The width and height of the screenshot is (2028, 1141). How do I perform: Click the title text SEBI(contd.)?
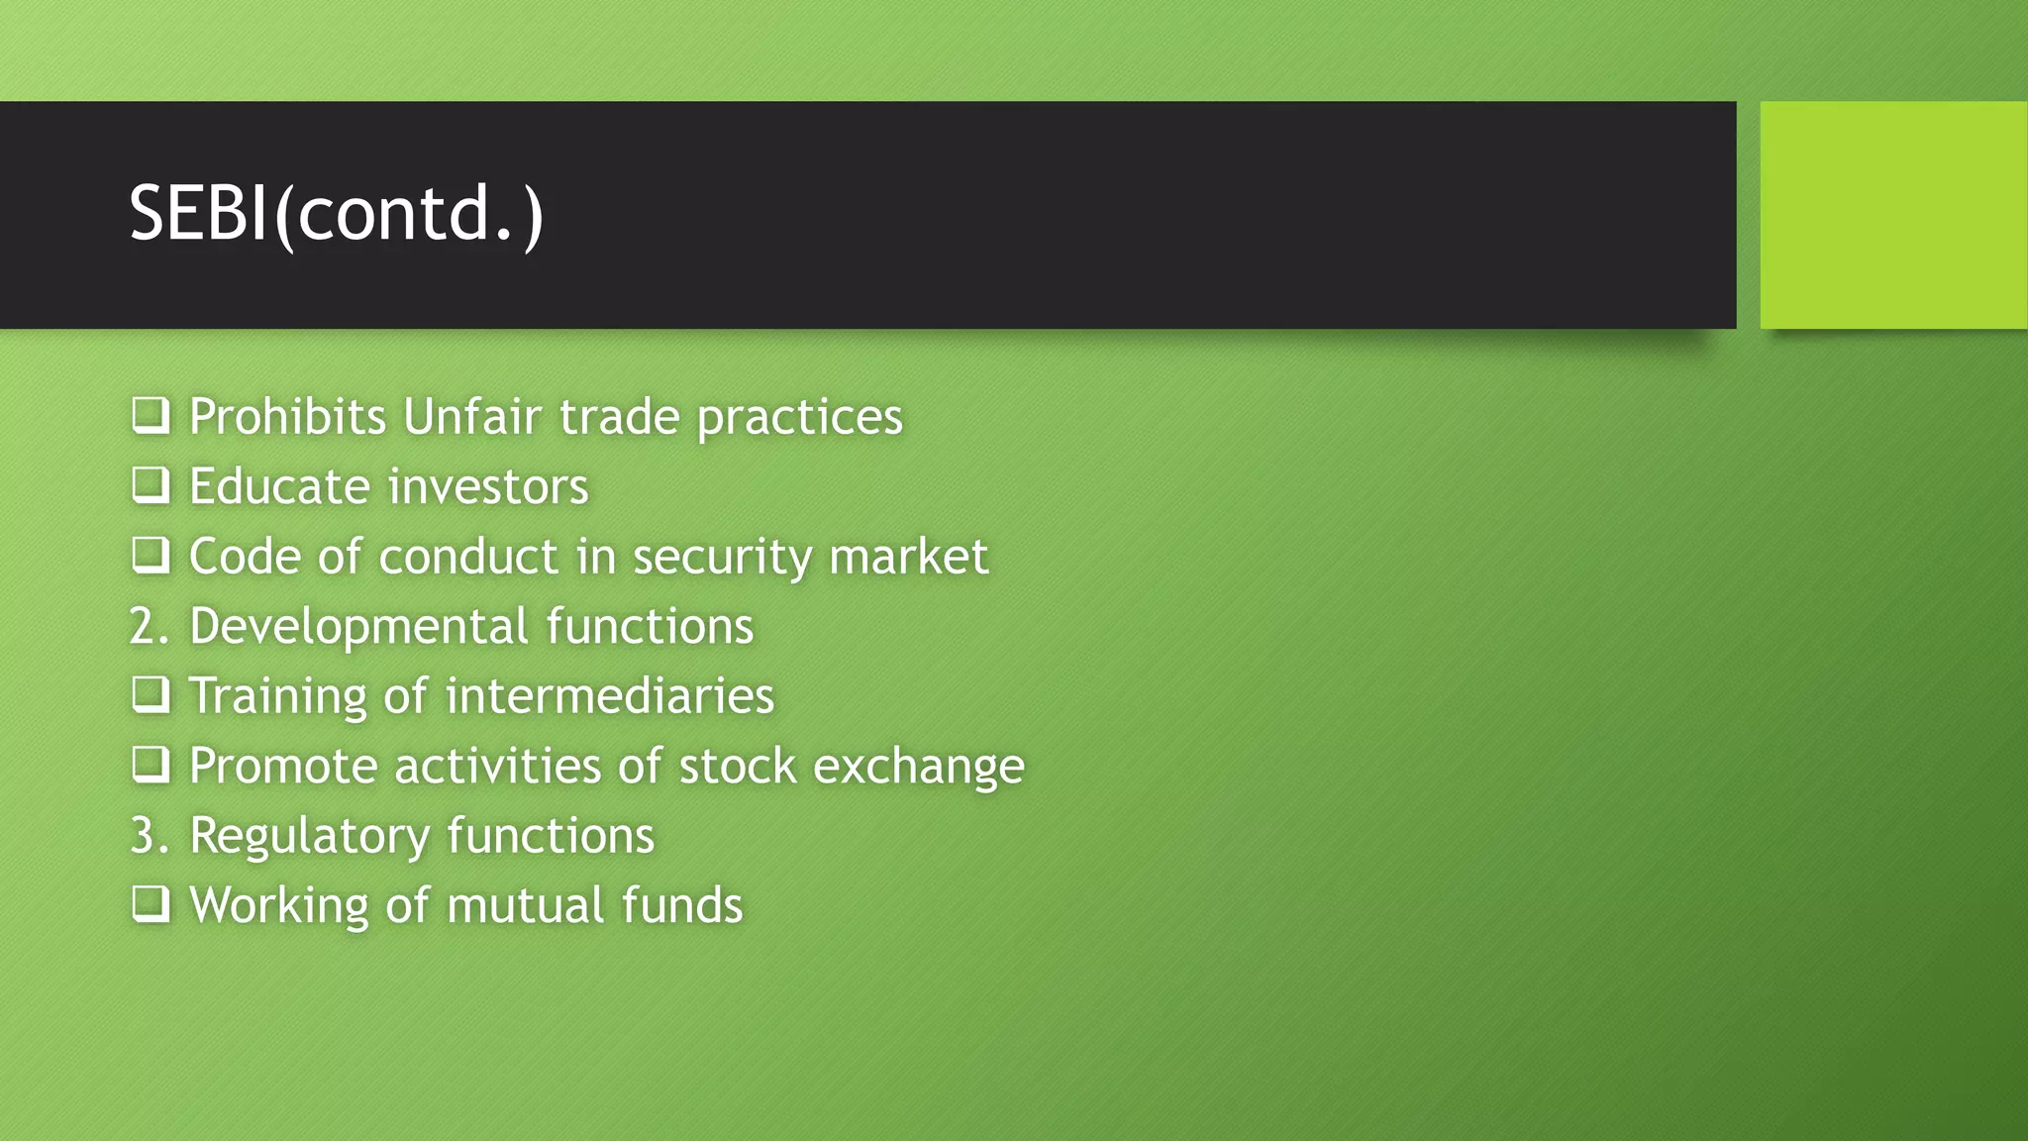point(336,214)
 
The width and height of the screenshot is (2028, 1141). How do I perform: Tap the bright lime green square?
point(1892,215)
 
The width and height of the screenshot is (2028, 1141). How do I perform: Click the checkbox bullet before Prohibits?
point(151,415)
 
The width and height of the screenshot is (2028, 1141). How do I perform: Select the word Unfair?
point(472,416)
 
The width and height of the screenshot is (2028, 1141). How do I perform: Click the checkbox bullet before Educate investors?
point(151,485)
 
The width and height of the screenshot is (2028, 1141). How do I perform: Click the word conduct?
point(467,557)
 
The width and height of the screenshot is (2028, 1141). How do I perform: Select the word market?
point(908,557)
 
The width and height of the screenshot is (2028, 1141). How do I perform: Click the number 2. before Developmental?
point(150,627)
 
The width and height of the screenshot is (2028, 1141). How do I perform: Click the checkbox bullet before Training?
point(151,695)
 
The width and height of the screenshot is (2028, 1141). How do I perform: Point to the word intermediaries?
point(609,696)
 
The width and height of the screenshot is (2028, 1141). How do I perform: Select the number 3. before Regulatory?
point(150,836)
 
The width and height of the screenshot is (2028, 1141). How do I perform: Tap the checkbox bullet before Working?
point(151,904)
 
